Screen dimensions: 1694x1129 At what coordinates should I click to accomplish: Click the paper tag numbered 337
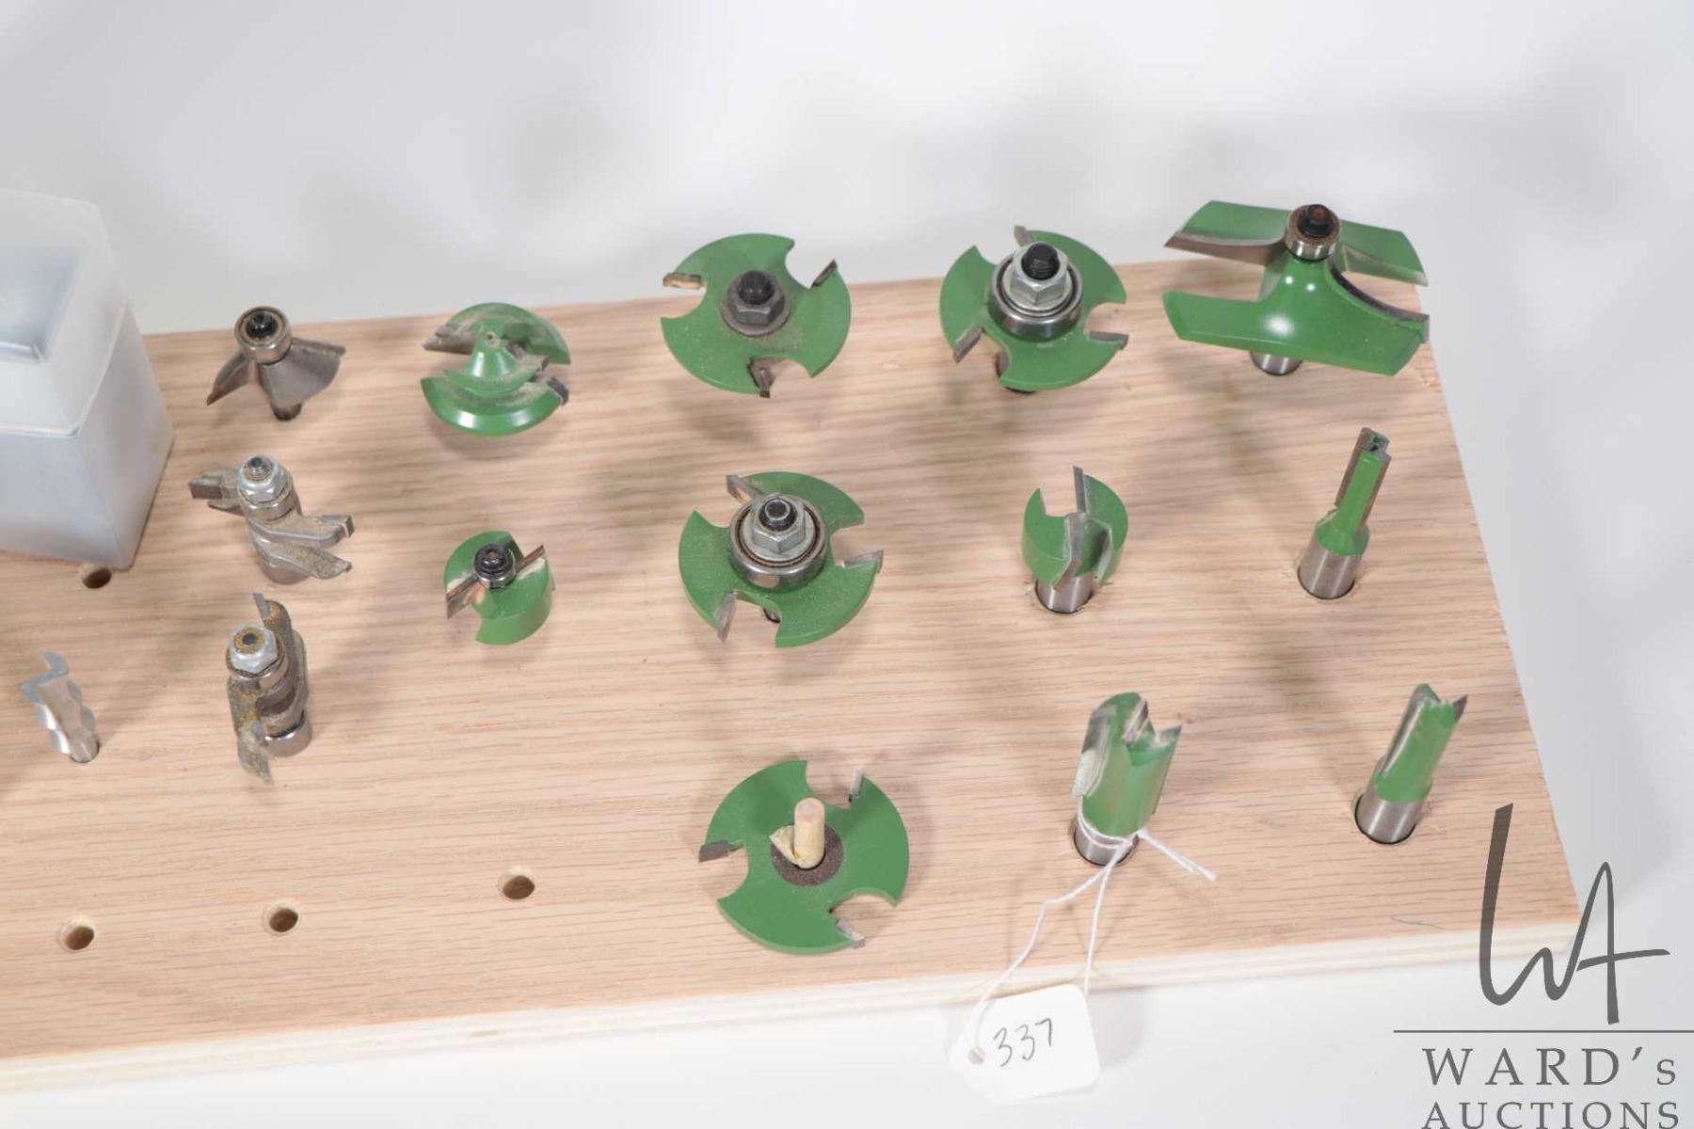[x=1023, y=1041]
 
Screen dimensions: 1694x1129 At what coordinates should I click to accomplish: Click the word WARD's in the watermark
[x=1548, y=1071]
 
